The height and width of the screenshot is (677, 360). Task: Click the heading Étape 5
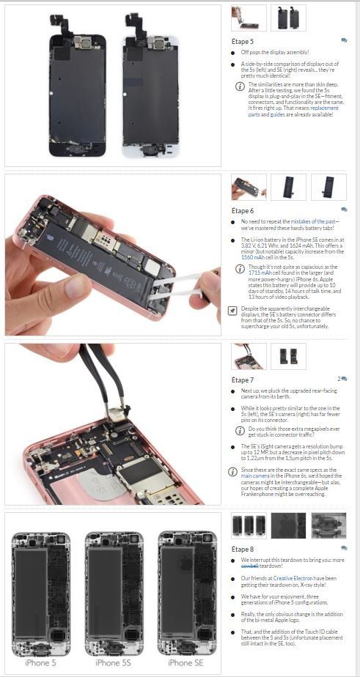click(243, 42)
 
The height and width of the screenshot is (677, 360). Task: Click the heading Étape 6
click(243, 211)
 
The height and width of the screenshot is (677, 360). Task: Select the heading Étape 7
click(243, 380)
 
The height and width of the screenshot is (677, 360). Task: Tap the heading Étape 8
click(243, 549)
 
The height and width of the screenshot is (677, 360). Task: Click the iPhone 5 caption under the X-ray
click(40, 662)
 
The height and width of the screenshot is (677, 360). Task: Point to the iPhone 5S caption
click(113, 662)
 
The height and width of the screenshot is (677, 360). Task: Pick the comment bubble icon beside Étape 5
click(344, 41)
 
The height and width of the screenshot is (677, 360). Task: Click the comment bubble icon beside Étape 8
click(344, 547)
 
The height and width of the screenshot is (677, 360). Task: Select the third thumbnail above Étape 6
click(328, 187)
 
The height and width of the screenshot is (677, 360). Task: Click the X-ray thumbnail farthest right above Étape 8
click(328, 525)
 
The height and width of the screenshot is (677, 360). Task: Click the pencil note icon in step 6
click(233, 310)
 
